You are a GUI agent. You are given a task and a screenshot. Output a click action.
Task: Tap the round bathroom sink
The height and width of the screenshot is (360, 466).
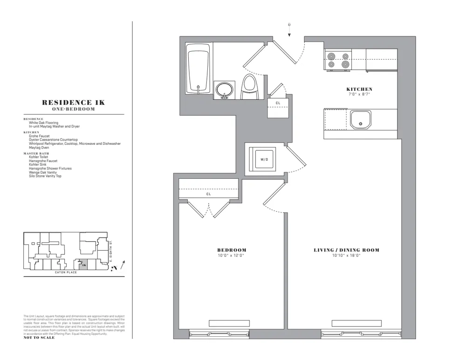(225, 89)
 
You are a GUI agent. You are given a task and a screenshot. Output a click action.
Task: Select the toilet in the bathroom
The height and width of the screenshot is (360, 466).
(250, 87)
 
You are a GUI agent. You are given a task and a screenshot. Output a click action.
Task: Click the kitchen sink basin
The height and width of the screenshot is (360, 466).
(361, 119)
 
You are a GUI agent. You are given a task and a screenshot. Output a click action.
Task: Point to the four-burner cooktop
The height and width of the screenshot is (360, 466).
(338, 61)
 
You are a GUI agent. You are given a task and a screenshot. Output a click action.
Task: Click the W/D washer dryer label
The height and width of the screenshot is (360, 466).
(264, 159)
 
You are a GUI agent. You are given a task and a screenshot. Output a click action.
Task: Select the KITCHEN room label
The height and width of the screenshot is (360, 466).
(359, 89)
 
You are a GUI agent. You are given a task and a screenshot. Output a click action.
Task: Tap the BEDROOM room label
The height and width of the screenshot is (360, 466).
(232, 250)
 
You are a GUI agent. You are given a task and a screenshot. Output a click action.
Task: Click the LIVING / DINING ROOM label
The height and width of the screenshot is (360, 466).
(346, 250)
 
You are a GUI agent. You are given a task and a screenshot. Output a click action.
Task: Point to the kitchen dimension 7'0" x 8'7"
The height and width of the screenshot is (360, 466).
(359, 94)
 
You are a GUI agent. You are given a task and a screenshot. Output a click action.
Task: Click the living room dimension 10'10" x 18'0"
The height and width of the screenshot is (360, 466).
(346, 255)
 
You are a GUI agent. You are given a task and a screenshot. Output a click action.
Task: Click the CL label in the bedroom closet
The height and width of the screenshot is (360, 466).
(209, 193)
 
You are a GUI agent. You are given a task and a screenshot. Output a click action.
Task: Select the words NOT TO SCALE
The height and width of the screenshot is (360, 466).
(39, 338)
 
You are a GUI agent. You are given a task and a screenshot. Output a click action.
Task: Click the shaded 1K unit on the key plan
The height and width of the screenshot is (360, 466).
(83, 265)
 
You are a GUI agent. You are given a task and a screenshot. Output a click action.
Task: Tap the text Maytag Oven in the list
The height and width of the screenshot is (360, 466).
(39, 148)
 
